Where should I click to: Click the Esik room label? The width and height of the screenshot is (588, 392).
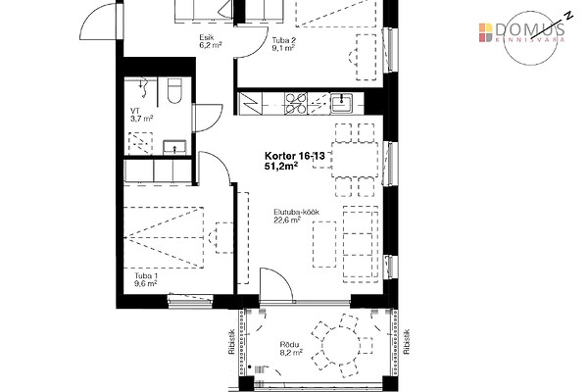206,37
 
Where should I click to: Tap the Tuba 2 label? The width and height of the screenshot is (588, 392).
281,40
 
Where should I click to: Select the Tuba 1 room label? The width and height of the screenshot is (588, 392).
144,275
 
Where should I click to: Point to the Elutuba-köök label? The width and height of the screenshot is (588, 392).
296,212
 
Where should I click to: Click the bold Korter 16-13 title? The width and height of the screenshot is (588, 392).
295,156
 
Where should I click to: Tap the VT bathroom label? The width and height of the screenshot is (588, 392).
134,111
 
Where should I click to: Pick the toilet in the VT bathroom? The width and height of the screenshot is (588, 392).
174,90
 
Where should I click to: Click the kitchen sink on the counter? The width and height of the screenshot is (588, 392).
341,104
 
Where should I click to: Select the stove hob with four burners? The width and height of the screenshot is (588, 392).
296,104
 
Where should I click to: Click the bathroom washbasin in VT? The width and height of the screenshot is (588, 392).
174,147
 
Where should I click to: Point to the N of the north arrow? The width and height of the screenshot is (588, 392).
569,16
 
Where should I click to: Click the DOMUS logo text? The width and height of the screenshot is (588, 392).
529,29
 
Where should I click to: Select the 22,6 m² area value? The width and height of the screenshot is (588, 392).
287,220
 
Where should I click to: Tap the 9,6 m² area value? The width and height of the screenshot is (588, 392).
145,284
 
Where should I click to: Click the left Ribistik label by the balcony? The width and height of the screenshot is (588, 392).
231,342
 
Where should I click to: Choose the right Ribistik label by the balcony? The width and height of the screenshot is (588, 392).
407,342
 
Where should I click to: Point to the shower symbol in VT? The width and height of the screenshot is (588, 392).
142,84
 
